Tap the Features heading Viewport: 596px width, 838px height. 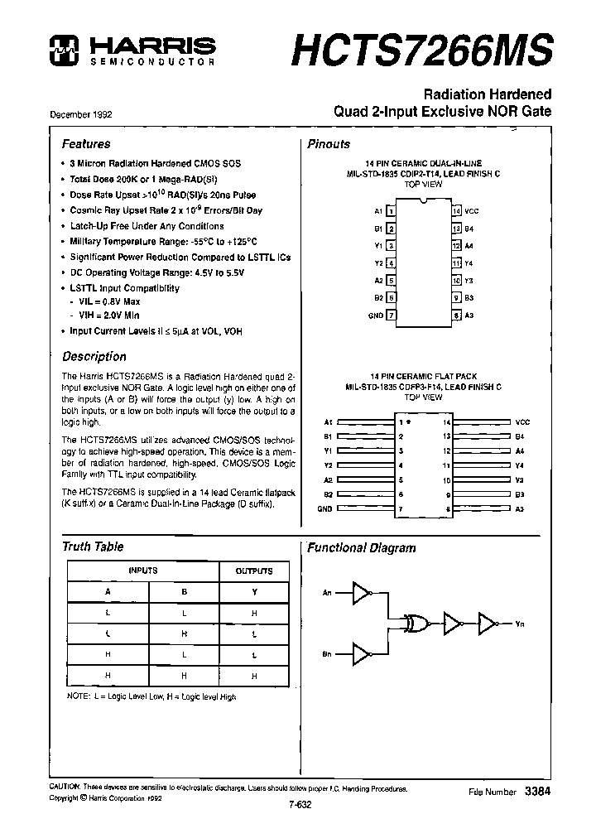(86, 143)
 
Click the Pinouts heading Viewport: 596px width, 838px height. (329, 144)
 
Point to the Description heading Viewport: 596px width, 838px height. (94, 357)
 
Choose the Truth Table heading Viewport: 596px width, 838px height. (93, 547)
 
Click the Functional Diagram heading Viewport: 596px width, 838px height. (362, 547)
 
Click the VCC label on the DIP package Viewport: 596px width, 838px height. (472, 211)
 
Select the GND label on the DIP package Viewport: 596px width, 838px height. (375, 315)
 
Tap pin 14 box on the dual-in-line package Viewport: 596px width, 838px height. (455, 211)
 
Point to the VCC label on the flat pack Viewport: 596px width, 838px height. (521, 422)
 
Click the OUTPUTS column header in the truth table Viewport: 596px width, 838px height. (254, 571)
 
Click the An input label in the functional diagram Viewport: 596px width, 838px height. (328, 593)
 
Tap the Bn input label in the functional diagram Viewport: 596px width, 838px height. (328, 654)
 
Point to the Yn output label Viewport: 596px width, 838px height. (520, 624)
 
